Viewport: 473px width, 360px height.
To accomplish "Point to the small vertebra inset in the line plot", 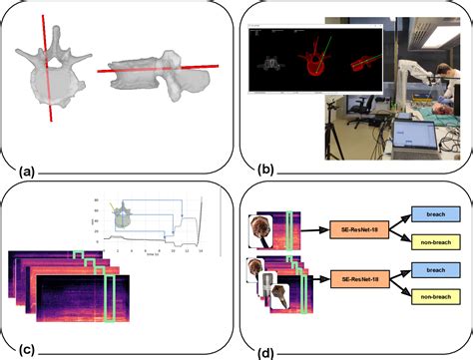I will coord(124,212).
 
